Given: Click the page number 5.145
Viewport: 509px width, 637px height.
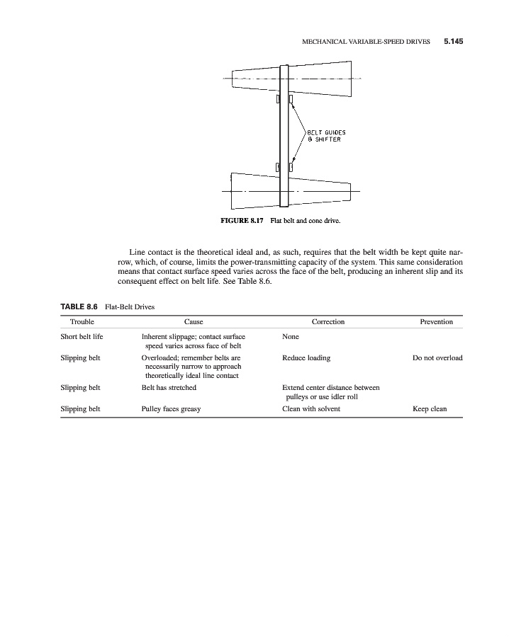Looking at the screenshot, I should click(453, 42).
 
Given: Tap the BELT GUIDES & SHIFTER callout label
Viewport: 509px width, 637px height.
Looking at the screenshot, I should click(325, 136).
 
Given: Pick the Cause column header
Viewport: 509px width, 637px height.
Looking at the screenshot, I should click(194, 322).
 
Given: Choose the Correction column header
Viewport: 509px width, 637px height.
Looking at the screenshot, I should click(328, 322).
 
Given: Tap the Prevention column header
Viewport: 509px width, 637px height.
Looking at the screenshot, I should click(436, 322).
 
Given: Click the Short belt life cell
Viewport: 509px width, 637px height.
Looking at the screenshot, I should click(82, 337).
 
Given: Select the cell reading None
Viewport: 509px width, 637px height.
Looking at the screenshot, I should click(290, 337).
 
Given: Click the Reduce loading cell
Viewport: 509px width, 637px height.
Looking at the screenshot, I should click(306, 358).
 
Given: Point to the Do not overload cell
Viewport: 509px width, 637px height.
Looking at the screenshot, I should click(437, 358).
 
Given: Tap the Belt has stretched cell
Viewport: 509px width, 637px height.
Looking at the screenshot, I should click(169, 388).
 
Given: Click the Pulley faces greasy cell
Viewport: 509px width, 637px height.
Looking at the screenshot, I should click(171, 409).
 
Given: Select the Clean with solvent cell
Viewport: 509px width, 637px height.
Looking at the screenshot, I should click(311, 409).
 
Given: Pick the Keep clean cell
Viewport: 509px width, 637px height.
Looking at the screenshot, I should click(429, 409).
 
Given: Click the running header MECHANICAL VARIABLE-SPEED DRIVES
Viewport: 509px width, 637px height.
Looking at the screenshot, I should click(366, 42).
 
